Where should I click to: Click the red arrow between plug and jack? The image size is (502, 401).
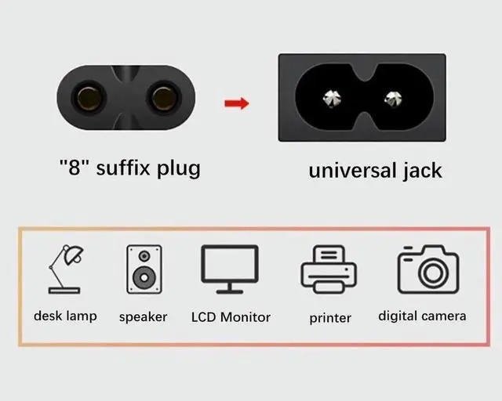(236, 103)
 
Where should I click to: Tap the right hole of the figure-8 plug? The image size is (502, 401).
(163, 98)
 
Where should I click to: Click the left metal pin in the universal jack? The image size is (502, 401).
(330, 99)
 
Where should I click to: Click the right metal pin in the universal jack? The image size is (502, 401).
(392, 99)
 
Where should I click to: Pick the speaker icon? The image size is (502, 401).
(144, 268)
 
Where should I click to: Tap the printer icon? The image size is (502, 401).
(329, 269)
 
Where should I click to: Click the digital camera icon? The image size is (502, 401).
(427, 269)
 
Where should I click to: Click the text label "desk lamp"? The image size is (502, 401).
(65, 316)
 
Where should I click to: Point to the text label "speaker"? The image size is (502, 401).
(144, 317)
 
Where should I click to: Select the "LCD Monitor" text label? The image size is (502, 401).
(231, 317)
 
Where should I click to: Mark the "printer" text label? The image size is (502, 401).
(330, 318)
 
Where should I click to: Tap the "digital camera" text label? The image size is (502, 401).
(422, 316)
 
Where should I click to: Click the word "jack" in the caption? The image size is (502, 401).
(422, 170)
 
